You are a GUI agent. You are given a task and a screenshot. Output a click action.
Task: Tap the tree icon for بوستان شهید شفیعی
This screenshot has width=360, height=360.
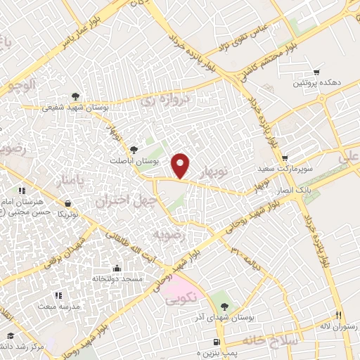click(x=75, y=97)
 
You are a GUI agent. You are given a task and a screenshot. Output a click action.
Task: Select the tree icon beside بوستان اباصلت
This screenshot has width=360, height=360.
click(x=134, y=149)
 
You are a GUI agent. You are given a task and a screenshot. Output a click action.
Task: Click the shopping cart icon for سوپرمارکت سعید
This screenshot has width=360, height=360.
click(x=284, y=158)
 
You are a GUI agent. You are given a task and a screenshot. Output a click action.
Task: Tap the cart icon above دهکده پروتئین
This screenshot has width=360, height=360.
click(x=316, y=72)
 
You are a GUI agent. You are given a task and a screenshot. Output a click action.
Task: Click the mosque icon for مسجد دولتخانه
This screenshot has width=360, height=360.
click(x=117, y=268)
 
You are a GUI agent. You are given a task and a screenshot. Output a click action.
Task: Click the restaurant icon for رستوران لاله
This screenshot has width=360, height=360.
click(x=337, y=315)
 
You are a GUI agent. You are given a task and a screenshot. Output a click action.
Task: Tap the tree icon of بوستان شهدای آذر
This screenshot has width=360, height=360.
click(x=224, y=306)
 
